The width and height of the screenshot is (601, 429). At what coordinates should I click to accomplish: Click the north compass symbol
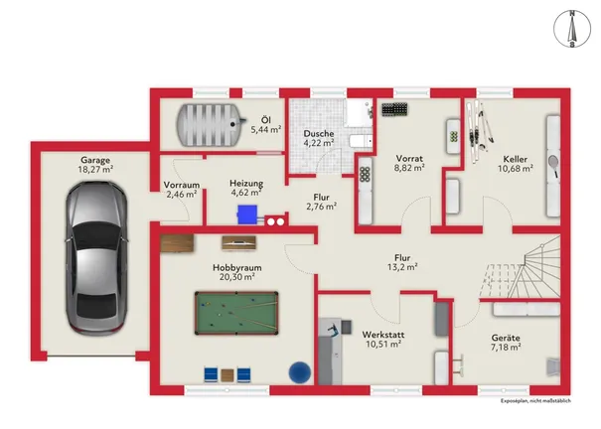(572, 29)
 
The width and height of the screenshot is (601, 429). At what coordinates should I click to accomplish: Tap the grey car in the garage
(95, 258)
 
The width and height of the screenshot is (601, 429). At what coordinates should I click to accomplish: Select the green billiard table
(236, 313)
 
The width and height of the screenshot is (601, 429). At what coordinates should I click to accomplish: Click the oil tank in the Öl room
(210, 124)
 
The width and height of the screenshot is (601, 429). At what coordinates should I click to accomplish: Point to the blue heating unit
(247, 214)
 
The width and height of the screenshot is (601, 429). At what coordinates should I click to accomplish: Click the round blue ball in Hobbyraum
(300, 372)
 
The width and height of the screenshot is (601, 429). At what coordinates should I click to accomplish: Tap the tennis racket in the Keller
(553, 166)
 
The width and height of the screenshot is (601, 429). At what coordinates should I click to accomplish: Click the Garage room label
(95, 160)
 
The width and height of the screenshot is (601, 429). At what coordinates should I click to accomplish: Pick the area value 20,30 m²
(237, 276)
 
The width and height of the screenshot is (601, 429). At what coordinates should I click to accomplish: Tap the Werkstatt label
(383, 335)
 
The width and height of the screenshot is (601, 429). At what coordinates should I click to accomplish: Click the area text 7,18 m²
(506, 347)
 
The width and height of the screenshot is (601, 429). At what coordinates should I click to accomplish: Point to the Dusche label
(319, 134)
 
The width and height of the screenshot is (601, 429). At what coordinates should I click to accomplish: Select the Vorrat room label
(409, 158)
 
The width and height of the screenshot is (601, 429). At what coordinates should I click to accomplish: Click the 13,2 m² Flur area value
(402, 267)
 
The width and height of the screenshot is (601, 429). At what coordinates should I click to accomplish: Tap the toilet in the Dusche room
(361, 141)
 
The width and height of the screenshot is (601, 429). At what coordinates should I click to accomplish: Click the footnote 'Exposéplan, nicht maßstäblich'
(535, 401)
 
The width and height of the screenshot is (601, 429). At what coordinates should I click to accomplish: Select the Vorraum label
(182, 185)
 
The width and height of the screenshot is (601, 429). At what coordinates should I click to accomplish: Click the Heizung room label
(246, 183)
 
